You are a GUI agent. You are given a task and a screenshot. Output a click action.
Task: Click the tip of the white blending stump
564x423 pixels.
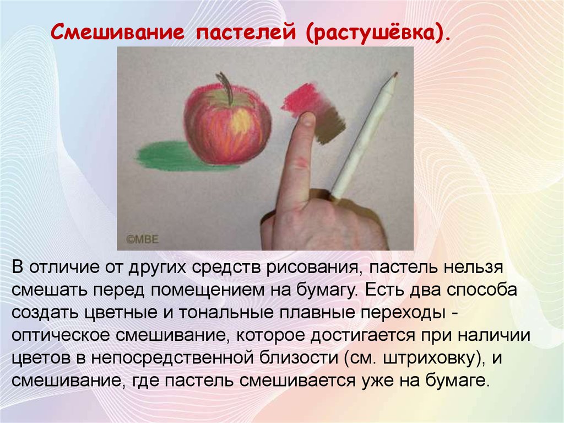pyautogui.click(x=395, y=74)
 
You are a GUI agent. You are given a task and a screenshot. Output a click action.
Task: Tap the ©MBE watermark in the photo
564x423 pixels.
pyautogui.click(x=143, y=239)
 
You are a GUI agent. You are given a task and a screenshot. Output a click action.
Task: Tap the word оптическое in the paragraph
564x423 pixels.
pyautogui.click(x=61, y=336)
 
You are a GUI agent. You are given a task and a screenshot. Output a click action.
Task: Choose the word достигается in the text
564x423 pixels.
pyautogui.click(x=362, y=336)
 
